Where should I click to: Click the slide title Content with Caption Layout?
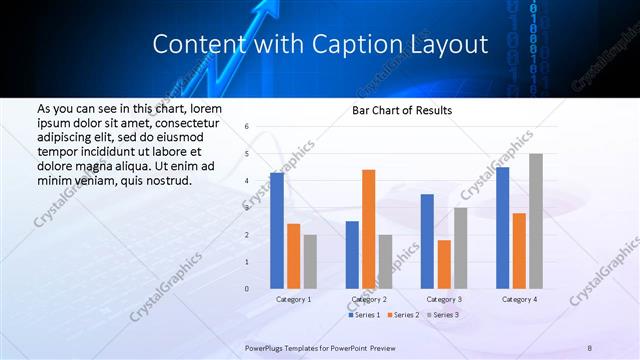[x=320, y=45]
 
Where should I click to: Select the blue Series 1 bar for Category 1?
[x=276, y=231]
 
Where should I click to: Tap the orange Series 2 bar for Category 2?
[x=368, y=229]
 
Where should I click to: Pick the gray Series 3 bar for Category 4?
[x=536, y=221]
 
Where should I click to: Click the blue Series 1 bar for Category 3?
[x=427, y=241]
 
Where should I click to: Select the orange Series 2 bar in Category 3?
[x=444, y=264]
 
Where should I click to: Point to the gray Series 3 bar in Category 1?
[x=310, y=261]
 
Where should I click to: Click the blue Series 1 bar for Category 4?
[x=502, y=228]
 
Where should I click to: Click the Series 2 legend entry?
[x=404, y=315]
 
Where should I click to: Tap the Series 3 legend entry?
[x=444, y=315]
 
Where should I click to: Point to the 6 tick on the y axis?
[x=247, y=127]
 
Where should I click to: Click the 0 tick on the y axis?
[x=247, y=289]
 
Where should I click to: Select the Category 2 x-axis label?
[x=368, y=299]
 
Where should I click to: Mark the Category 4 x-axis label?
[x=519, y=299]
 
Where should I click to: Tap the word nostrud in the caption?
[x=165, y=181]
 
